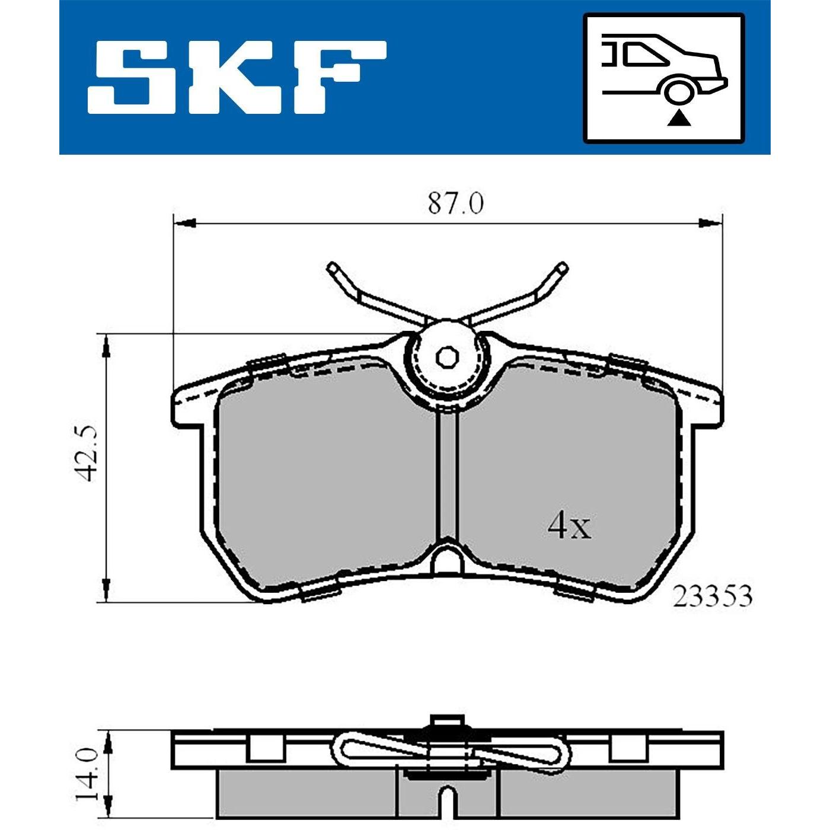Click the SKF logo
pos(237,78)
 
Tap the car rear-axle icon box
pos(664,78)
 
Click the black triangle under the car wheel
pos(678,119)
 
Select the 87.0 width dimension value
pos(455,204)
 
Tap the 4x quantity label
pos(569,527)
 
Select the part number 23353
pos(713,597)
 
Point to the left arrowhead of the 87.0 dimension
pos(184,224)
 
